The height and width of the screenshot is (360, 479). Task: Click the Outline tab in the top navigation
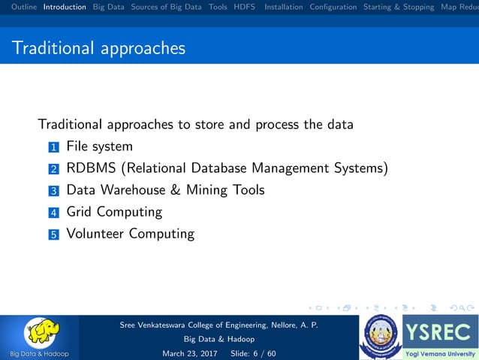click(x=20, y=7)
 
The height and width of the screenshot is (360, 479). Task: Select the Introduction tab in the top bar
click(x=65, y=7)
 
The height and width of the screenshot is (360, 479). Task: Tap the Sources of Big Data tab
click(x=166, y=7)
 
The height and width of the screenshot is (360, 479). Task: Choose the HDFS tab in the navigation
click(x=244, y=7)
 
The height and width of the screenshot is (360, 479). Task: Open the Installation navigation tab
click(x=284, y=7)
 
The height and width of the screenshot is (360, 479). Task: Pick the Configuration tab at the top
click(x=333, y=7)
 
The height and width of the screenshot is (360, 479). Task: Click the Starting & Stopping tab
click(x=399, y=7)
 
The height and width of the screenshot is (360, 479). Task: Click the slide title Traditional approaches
click(x=98, y=49)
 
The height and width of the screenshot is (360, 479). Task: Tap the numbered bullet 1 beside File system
click(x=53, y=147)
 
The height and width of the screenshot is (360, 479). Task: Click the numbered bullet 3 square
click(x=53, y=191)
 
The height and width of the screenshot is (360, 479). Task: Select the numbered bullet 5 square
click(x=53, y=234)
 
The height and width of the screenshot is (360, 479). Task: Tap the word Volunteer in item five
click(x=95, y=234)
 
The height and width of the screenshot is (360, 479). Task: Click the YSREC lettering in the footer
click(x=439, y=331)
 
